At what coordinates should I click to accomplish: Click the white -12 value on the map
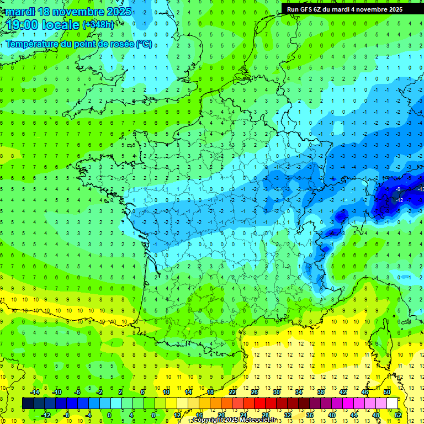tap(400, 200)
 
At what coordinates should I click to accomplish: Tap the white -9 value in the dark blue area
tap(398, 190)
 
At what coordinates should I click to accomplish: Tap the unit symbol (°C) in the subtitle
tap(144, 44)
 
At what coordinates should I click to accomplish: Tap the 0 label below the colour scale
tap(109, 415)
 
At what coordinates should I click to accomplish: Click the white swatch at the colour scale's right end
tap(393, 403)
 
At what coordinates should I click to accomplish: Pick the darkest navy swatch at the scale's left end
tap(28, 403)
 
